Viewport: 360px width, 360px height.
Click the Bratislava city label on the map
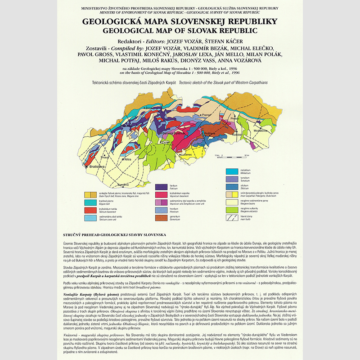(96, 166)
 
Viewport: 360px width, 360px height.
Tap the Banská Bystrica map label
(173, 133)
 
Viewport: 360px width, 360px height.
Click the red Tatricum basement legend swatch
(91, 209)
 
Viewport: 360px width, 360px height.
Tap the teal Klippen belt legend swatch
(91, 201)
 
